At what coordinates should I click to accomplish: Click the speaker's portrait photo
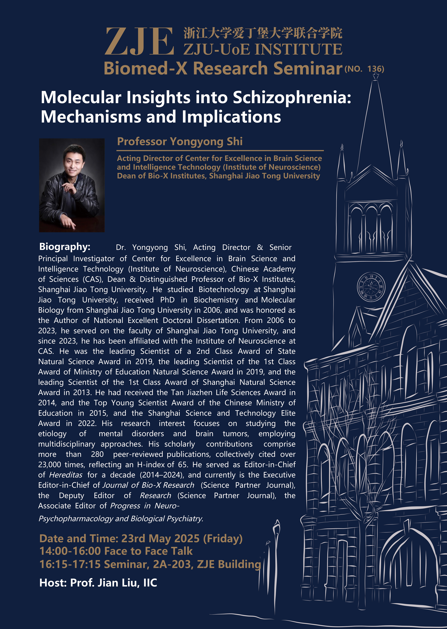[72, 185]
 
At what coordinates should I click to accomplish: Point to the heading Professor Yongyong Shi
[180, 142]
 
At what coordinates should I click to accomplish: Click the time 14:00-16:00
[70, 551]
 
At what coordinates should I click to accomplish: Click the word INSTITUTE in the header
[299, 50]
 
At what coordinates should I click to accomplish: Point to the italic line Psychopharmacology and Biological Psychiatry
[121, 519]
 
